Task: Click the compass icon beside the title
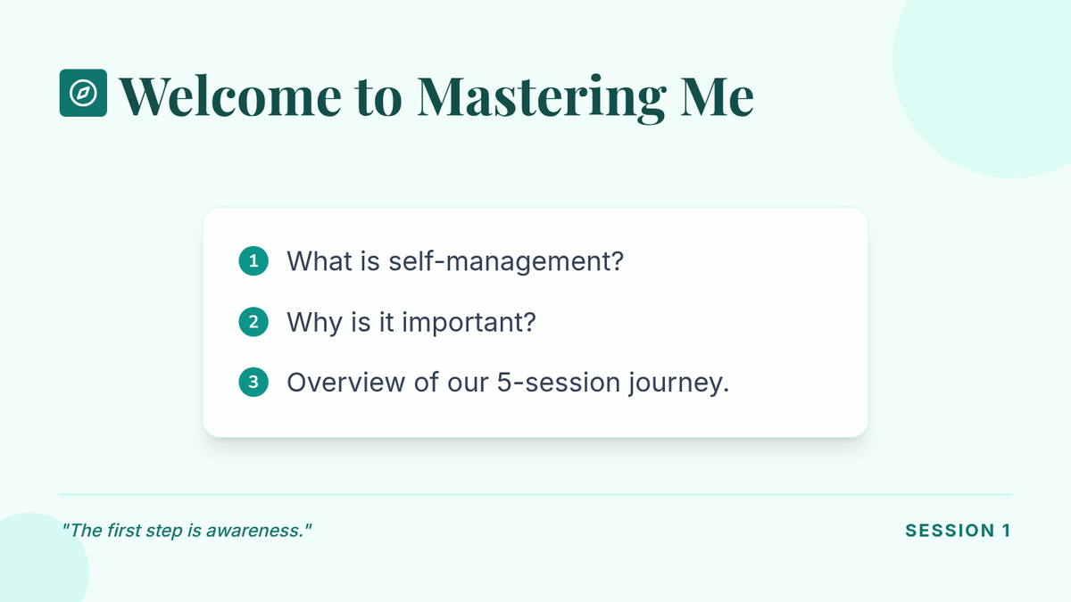click(83, 93)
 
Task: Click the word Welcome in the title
click(230, 96)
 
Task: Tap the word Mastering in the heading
click(541, 99)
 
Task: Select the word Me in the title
click(717, 97)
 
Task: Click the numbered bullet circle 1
click(253, 260)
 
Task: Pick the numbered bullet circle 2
click(253, 322)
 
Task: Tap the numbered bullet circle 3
click(253, 383)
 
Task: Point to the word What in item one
click(320, 260)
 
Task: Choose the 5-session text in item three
click(559, 383)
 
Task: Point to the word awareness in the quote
click(253, 531)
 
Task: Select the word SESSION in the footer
click(950, 531)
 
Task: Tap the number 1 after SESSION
click(1007, 531)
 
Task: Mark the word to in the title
click(378, 99)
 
